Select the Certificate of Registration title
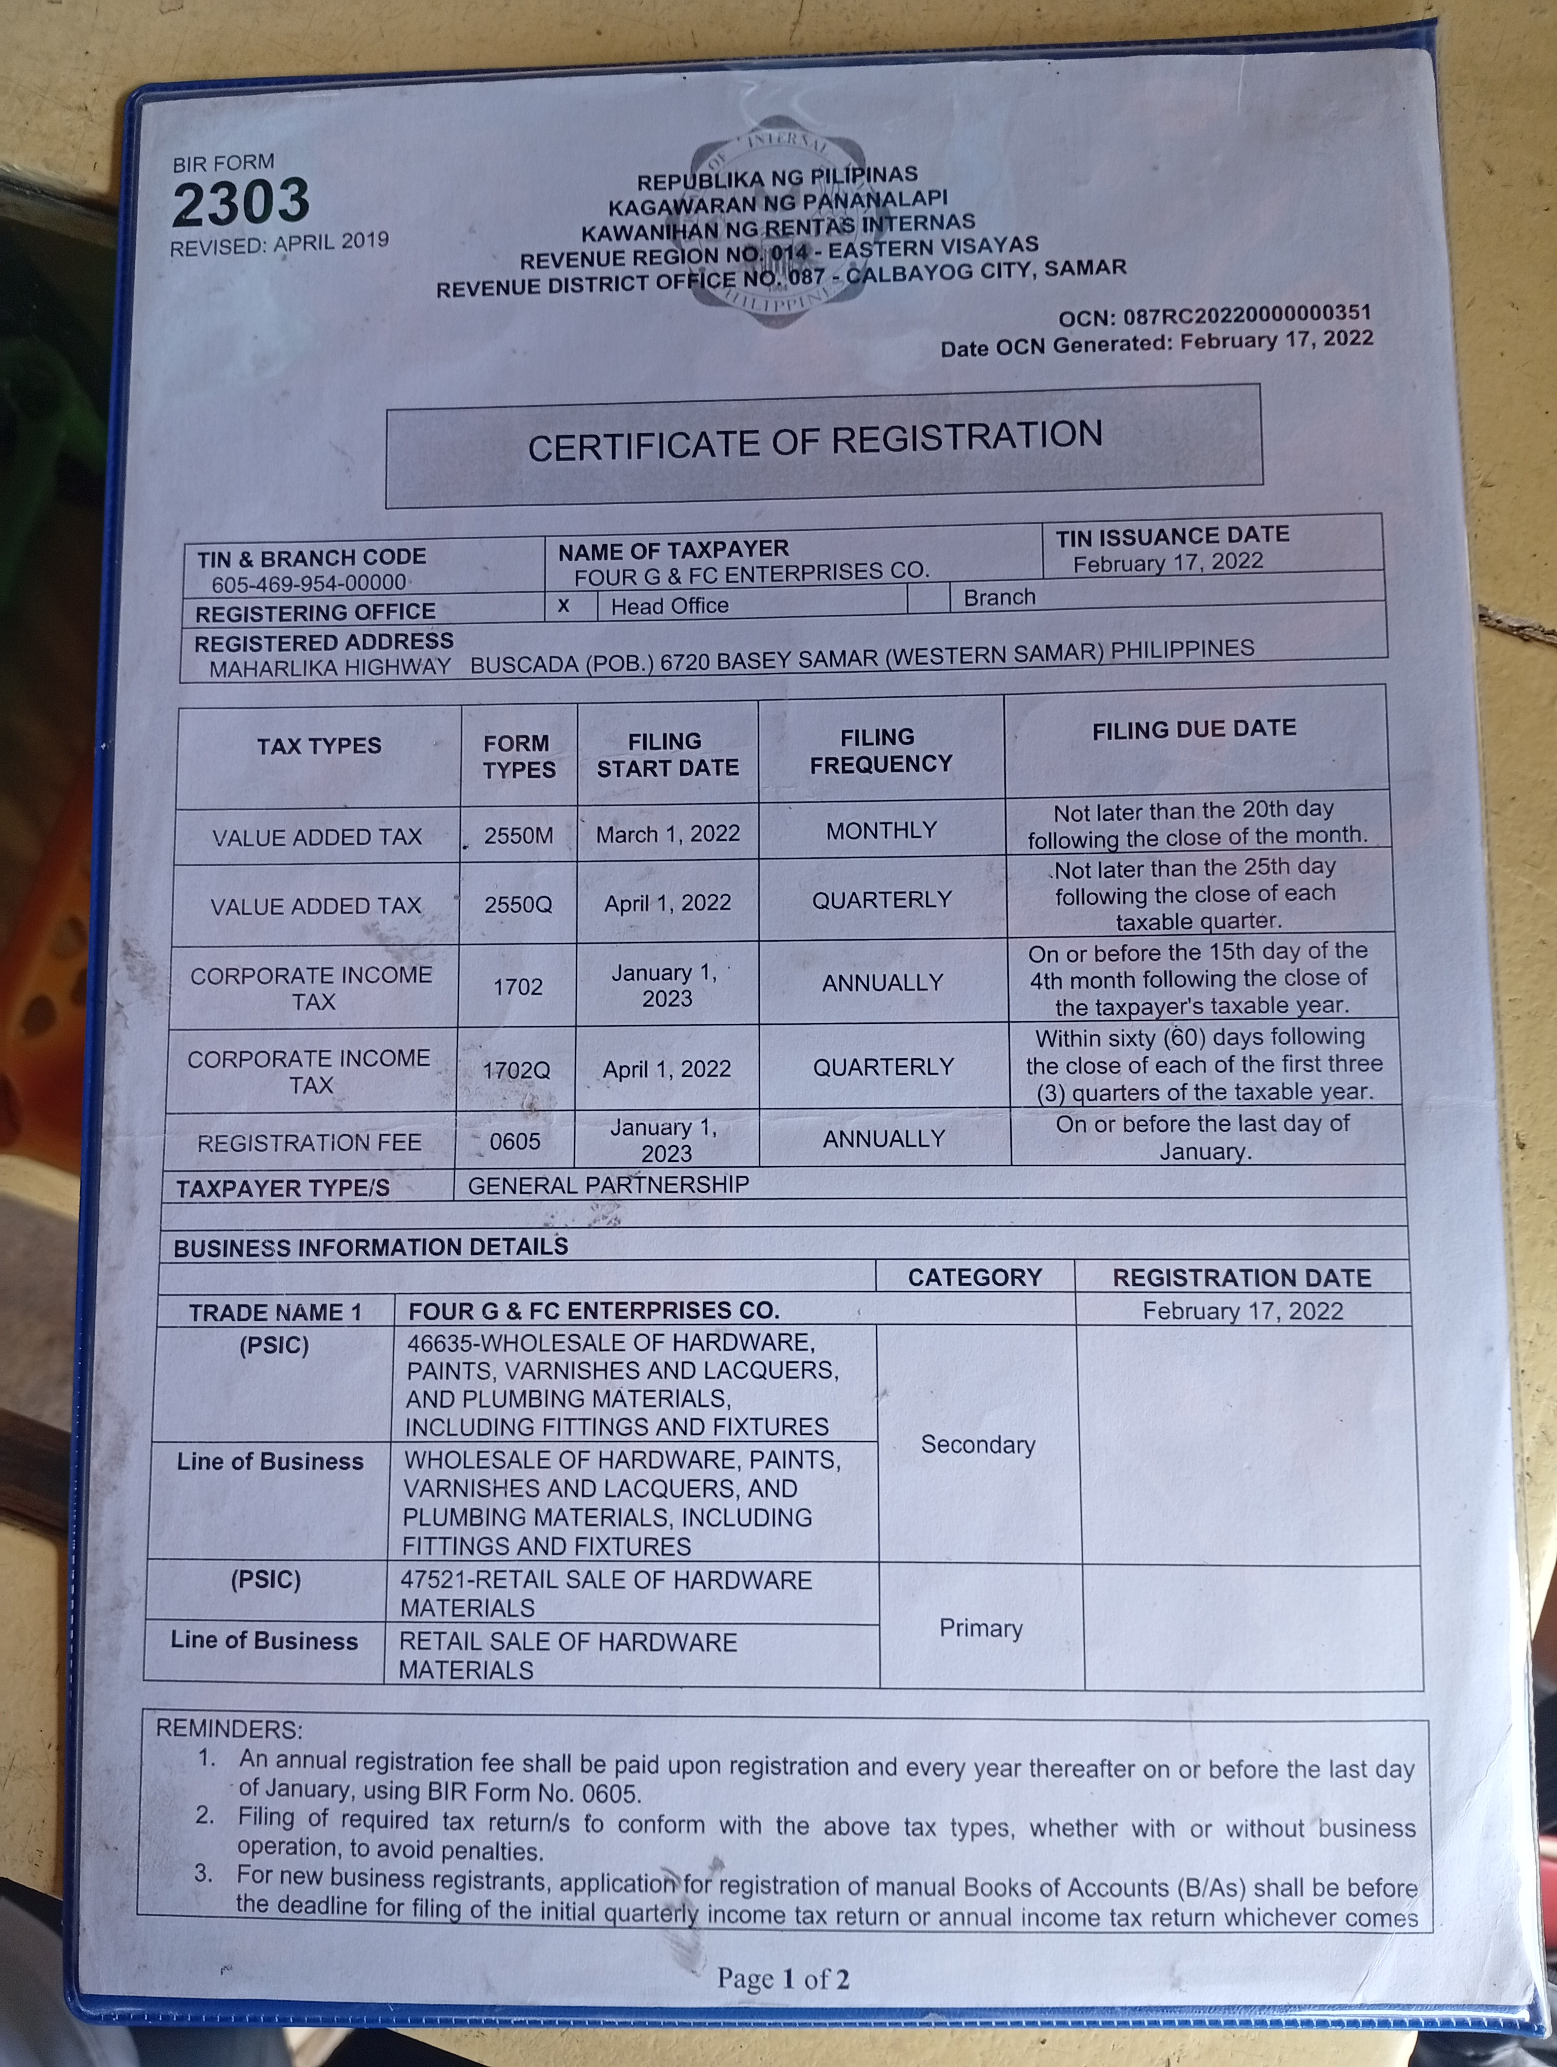coord(815,441)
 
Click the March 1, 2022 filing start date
coord(668,833)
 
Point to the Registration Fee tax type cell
coord(309,1143)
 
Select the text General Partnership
coord(608,1185)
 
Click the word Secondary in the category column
coord(978,1445)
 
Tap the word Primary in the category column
coord(980,1628)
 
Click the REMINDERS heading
coord(229,1729)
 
